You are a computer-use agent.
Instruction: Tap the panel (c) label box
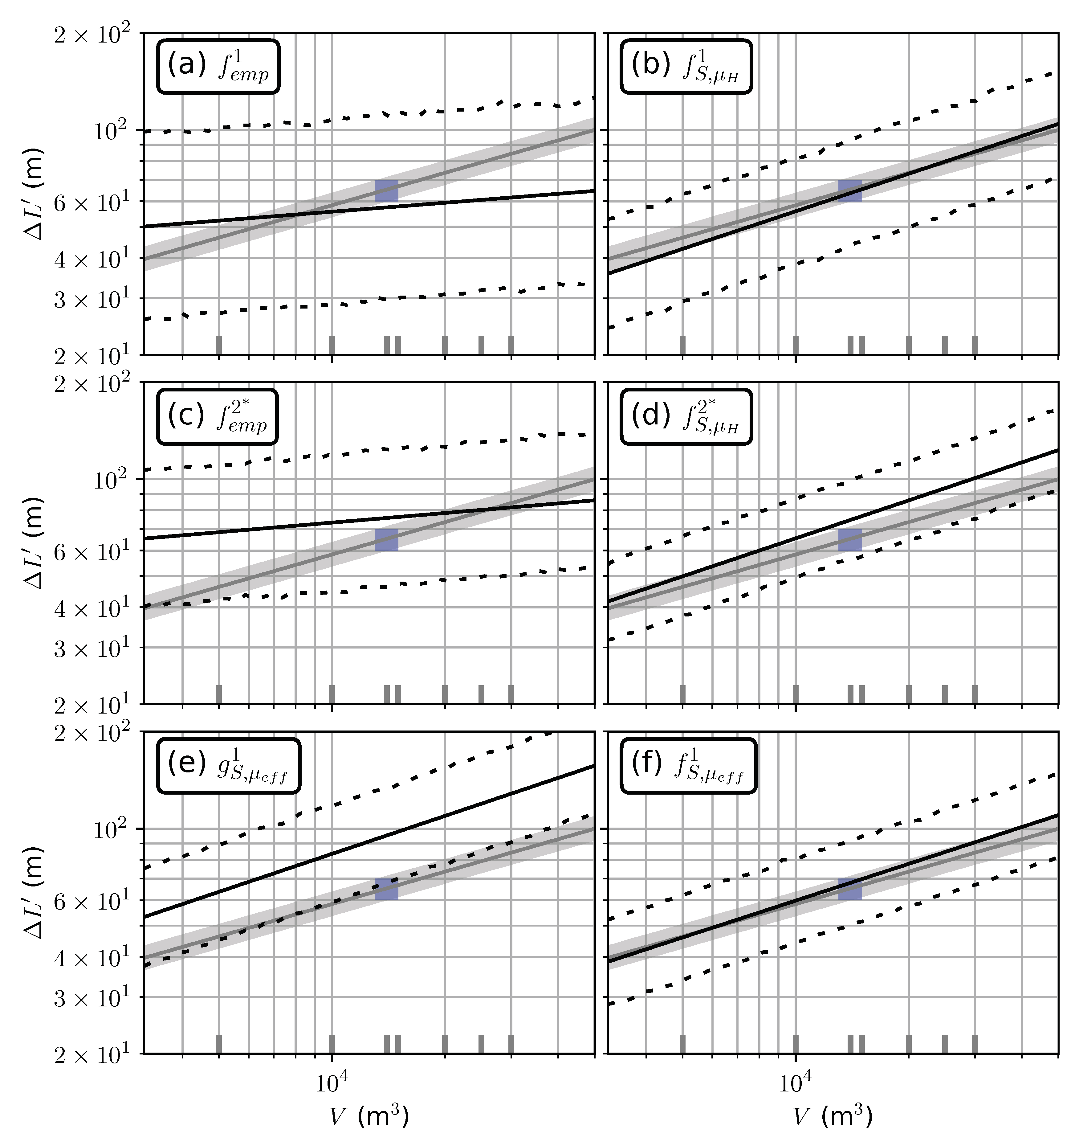click(217, 417)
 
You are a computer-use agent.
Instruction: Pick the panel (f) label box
click(688, 766)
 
